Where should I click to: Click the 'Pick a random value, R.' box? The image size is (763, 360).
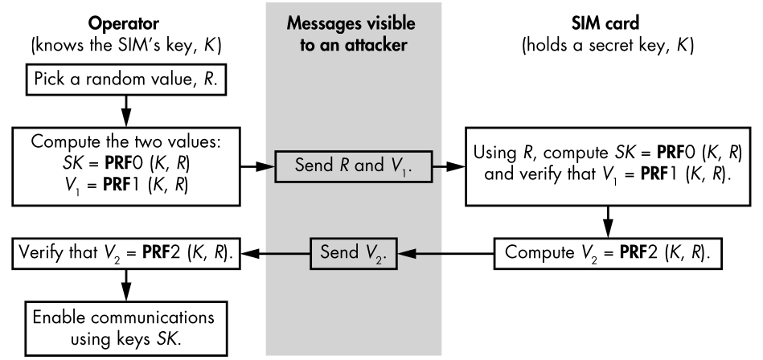(x=126, y=80)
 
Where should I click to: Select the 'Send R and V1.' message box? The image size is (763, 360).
(x=353, y=166)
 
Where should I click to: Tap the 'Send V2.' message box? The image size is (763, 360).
(x=354, y=253)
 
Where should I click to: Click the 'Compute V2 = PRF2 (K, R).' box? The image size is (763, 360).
(x=608, y=253)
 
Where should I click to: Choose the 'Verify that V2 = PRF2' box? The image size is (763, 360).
(x=126, y=253)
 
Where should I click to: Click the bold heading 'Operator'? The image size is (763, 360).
(x=124, y=23)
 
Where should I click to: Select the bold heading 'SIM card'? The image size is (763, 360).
(x=605, y=23)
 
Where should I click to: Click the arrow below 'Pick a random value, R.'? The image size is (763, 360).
(x=126, y=111)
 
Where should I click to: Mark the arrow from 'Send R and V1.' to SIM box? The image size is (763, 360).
(x=449, y=166)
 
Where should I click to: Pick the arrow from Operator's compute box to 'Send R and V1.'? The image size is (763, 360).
(x=257, y=166)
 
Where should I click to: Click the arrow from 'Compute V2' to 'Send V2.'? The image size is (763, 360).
(x=445, y=253)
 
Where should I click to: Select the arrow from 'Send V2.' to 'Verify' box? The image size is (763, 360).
(x=276, y=253)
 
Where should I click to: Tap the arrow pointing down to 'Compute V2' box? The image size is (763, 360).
(x=608, y=222)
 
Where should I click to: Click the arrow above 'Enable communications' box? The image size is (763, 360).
(x=126, y=285)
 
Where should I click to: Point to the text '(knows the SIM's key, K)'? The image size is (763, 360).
(x=126, y=46)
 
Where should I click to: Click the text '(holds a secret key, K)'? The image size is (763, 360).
(x=608, y=46)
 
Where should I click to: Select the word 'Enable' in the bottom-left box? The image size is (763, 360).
(x=59, y=317)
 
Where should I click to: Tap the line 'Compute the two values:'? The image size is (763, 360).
(x=126, y=141)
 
